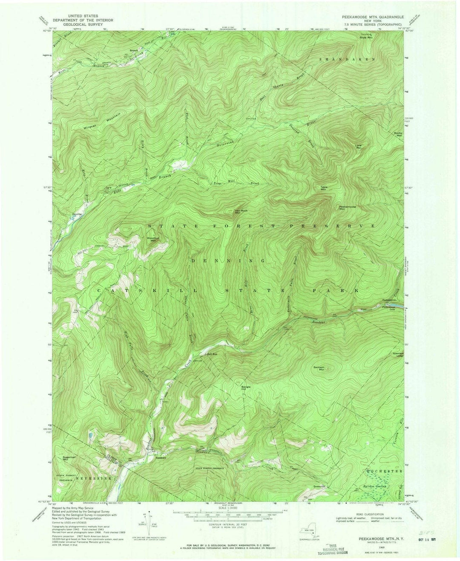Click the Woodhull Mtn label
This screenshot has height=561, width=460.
152,239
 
